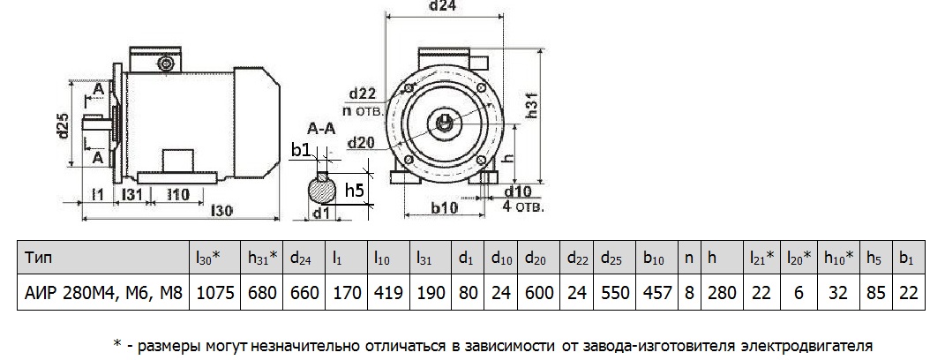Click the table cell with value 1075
(213, 291)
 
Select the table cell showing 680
(262, 291)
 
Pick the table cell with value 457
(656, 291)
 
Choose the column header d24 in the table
(303, 259)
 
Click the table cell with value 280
(722, 291)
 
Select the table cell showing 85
(874, 291)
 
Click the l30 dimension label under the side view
(223, 211)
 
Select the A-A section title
(320, 129)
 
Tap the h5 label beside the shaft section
(355, 190)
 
